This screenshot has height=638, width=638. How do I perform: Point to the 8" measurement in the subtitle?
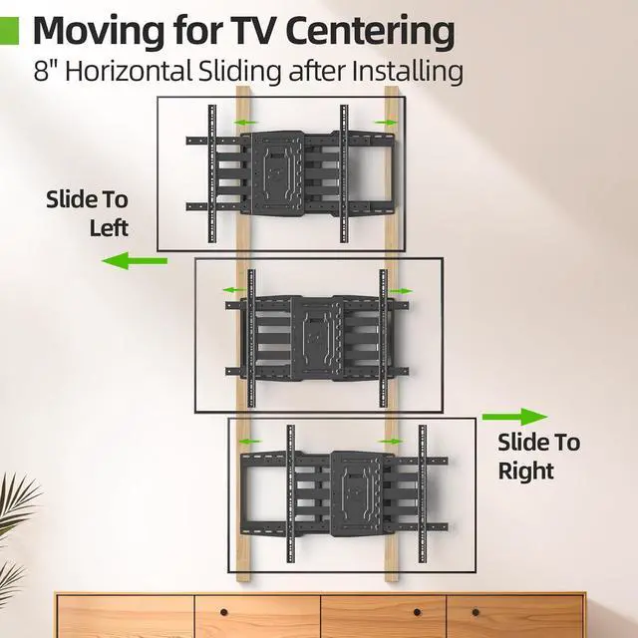tap(44, 73)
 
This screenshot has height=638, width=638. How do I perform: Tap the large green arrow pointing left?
tap(135, 261)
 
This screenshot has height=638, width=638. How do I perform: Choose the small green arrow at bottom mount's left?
tap(249, 440)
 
